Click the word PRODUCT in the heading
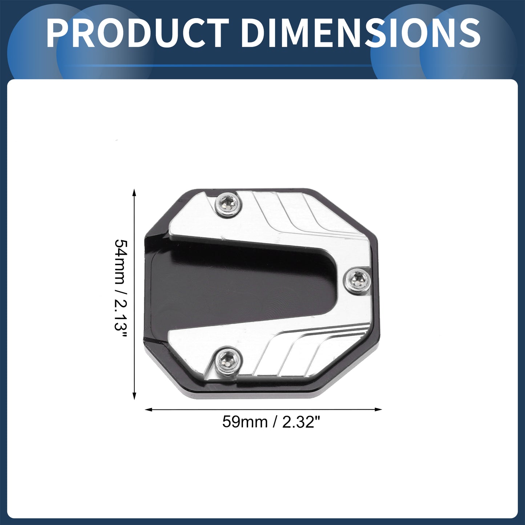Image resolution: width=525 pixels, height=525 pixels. tap(138, 33)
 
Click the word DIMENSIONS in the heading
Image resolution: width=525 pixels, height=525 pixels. tap(360, 33)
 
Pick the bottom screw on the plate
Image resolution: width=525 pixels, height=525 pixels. tap(228, 361)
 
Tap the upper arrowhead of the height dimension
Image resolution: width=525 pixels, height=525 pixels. tap(134, 193)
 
